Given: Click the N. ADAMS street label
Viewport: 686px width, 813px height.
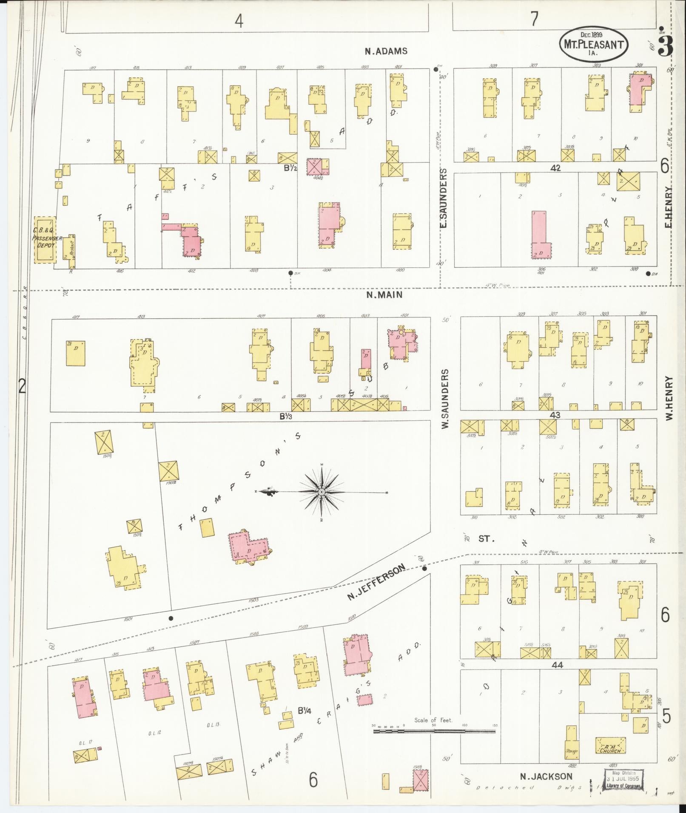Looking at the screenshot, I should pos(386,51).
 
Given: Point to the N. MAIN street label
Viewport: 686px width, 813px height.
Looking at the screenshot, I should pos(384,295).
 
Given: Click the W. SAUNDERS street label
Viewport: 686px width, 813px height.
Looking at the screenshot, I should pos(445,399).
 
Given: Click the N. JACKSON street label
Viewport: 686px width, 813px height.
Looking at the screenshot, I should pos(547,776).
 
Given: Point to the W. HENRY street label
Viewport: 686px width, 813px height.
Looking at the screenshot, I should pos(669,398).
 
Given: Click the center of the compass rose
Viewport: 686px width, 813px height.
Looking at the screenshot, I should pos(322,492).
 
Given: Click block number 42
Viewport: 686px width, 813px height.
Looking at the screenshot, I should pos(555,168).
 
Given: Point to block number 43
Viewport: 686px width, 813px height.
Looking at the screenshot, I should pos(555,415).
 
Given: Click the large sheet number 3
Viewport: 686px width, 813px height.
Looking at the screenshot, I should pos(666,46).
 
